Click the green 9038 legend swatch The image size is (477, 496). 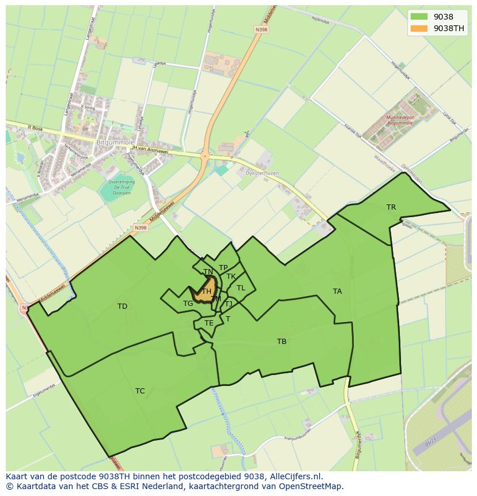click(x=419, y=17)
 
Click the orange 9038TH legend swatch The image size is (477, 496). click(x=419, y=28)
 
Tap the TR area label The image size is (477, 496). click(x=391, y=207)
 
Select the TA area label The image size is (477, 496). click(x=337, y=291)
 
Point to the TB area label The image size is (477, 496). click(x=282, y=342)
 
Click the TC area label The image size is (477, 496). click(x=140, y=391)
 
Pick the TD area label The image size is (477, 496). click(x=122, y=306)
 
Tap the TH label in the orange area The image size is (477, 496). click(x=206, y=291)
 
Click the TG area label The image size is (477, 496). click(x=188, y=304)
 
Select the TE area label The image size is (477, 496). click(x=209, y=323)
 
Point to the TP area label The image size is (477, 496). click(x=223, y=268)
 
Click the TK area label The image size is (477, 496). click(x=231, y=277)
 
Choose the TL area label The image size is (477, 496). click(x=241, y=288)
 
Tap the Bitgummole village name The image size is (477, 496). click(x=115, y=142)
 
